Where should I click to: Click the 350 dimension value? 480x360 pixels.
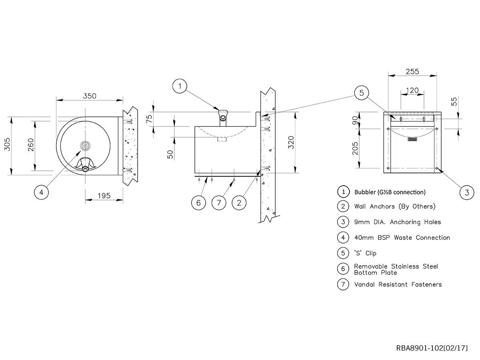pos(90,96)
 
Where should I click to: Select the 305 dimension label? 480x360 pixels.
pos(8,144)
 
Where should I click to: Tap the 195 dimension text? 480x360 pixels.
pos(104,196)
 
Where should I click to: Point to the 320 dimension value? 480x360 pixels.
pos(291,142)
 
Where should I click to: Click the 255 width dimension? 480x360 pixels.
pos(412,72)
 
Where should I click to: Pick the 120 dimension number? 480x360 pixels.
pos(412,90)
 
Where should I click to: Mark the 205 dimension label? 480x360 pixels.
pos(355,148)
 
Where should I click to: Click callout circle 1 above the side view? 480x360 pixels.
pos(180,86)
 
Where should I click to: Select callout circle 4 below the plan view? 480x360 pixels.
pos(41,192)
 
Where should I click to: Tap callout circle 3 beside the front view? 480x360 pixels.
pos(467,192)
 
